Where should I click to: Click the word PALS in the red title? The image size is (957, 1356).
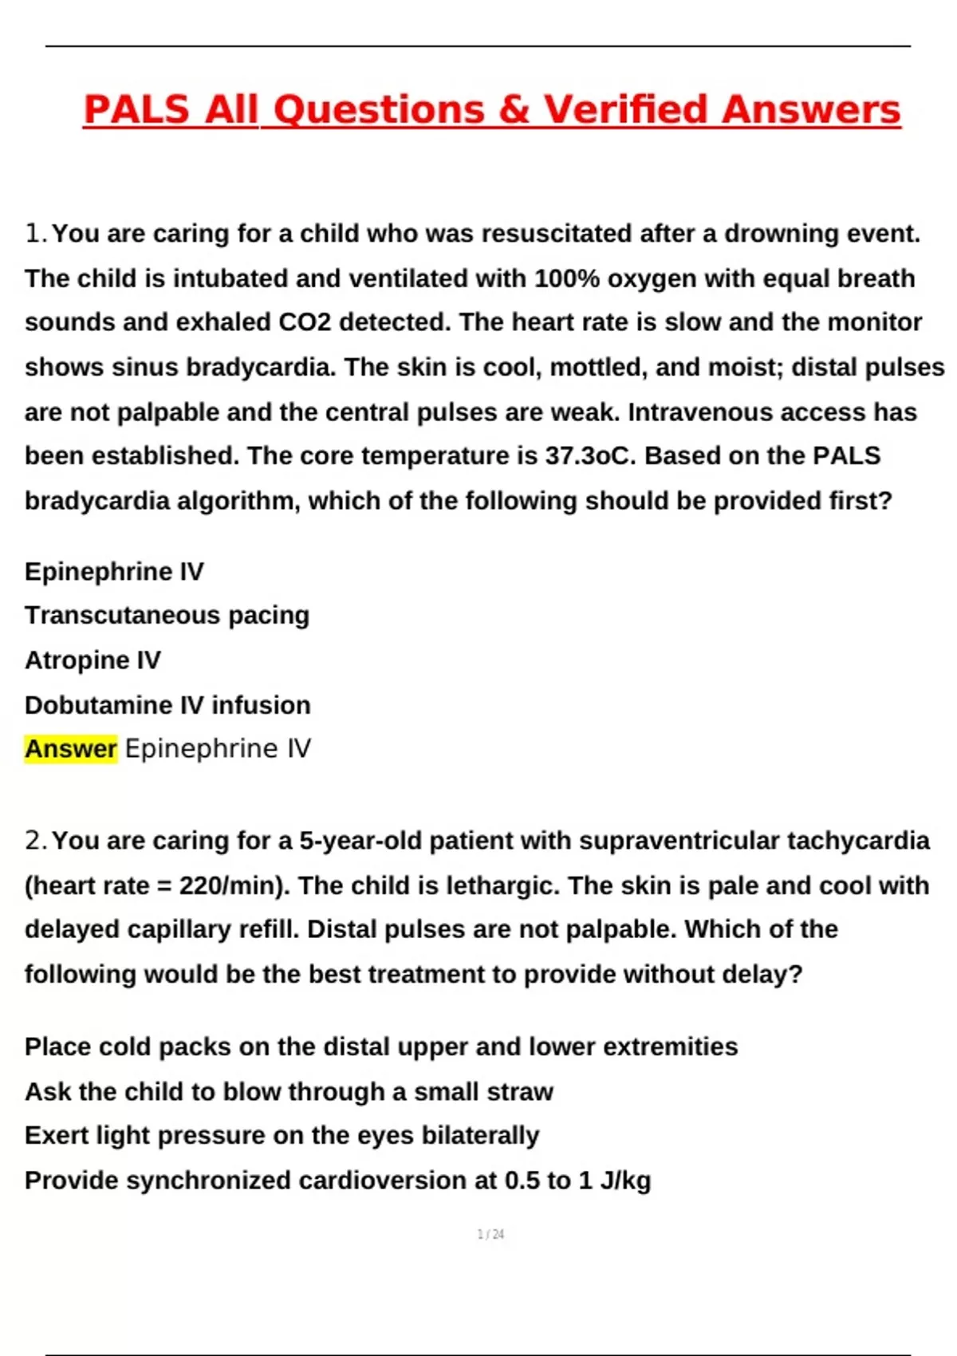pyautogui.click(x=136, y=109)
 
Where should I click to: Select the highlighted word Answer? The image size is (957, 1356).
pyautogui.click(x=71, y=749)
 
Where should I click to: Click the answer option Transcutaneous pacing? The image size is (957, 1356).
pyautogui.click(x=167, y=615)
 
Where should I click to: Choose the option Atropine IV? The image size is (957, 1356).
pyautogui.click(x=93, y=660)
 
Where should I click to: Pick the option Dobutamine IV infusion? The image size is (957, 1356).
pyautogui.click(x=167, y=705)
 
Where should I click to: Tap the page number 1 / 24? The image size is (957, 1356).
pyautogui.click(x=490, y=1234)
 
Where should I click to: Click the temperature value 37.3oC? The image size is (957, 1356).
pyautogui.click(x=591, y=455)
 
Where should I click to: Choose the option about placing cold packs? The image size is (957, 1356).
pyautogui.click(x=381, y=1047)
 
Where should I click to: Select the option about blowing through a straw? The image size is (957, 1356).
pyautogui.click(x=289, y=1091)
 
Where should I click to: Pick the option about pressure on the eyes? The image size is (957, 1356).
pyautogui.click(x=282, y=1135)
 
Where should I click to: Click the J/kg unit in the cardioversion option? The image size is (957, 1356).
pyautogui.click(x=625, y=1181)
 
